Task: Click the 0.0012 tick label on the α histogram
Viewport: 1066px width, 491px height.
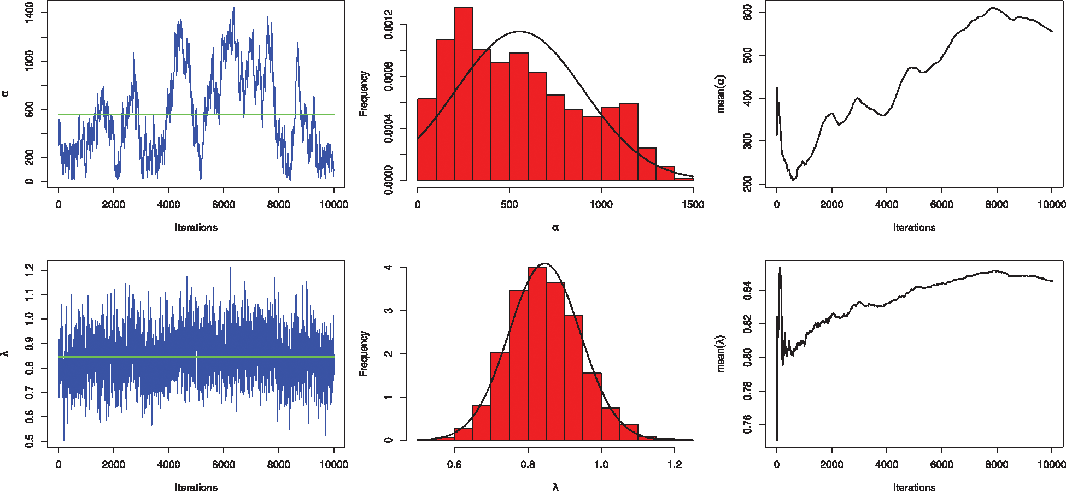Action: point(389,25)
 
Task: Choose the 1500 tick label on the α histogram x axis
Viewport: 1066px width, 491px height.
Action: point(693,205)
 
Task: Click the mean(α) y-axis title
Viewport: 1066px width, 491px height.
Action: point(721,93)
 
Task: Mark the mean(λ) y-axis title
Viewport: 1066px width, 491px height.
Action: point(721,353)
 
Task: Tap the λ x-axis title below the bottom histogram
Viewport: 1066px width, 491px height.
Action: point(555,487)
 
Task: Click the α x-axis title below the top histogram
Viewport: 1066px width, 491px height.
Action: point(555,228)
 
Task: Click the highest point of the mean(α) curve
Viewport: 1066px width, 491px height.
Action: point(993,8)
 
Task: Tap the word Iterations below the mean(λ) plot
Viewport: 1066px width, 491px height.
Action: point(914,487)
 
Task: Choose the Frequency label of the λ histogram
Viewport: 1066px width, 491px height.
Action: point(364,353)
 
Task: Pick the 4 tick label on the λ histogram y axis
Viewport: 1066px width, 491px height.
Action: point(389,268)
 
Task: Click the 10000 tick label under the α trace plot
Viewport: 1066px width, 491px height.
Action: point(333,205)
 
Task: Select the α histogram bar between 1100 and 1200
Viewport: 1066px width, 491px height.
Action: point(629,141)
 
